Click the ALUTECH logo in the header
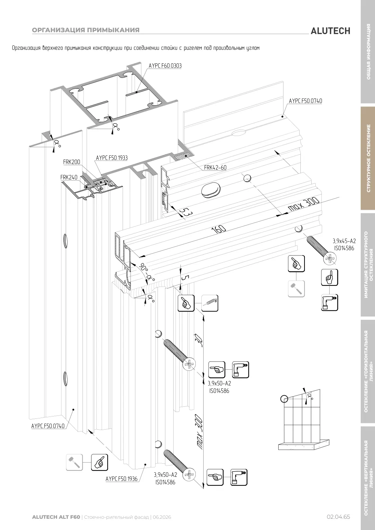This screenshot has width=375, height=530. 330,31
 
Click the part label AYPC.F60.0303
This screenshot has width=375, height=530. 165,66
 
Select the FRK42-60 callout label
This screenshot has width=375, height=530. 215,167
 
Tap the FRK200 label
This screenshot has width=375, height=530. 72,162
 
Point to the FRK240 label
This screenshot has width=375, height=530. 69,177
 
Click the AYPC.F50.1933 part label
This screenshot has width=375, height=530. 112,158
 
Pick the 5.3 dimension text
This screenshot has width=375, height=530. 186,212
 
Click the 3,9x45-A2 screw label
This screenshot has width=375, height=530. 344,241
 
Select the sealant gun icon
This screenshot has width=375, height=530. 210,303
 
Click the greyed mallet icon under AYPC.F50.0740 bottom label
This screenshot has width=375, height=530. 74,462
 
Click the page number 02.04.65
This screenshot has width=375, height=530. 338,517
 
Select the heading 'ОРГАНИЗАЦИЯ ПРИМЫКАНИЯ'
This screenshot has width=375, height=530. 86,30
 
